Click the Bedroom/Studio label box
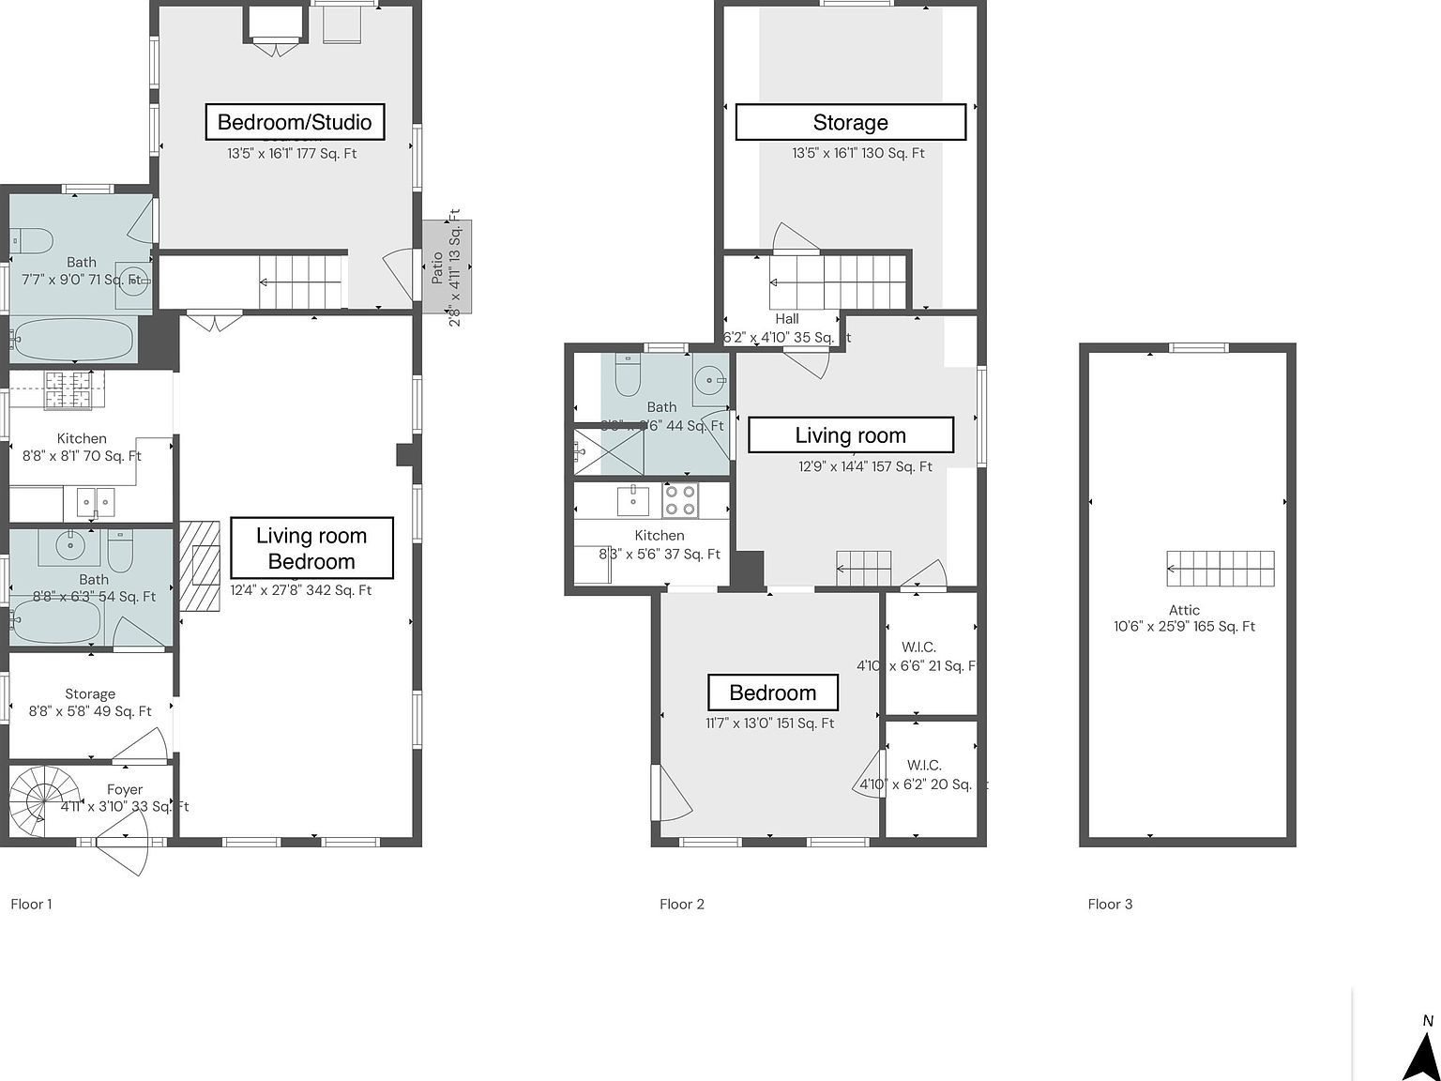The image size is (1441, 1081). click(295, 122)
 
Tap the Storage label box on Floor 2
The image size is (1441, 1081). click(850, 122)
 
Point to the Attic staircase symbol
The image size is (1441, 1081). click(1221, 569)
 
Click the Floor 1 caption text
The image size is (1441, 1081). click(31, 905)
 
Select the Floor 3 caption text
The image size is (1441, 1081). click(1110, 905)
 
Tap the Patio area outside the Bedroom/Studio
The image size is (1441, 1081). click(447, 266)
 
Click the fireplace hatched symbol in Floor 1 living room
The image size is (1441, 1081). click(200, 567)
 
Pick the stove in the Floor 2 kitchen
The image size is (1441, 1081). click(680, 501)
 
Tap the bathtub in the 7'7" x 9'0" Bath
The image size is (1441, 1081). click(73, 340)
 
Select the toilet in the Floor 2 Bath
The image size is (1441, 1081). click(627, 377)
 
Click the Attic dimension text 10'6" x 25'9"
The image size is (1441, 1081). click(1184, 627)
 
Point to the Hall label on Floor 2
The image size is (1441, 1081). click(786, 319)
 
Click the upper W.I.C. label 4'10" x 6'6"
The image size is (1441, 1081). click(918, 647)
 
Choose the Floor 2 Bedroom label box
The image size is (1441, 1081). click(772, 693)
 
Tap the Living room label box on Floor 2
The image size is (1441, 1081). click(850, 435)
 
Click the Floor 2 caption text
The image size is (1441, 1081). click(681, 905)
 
